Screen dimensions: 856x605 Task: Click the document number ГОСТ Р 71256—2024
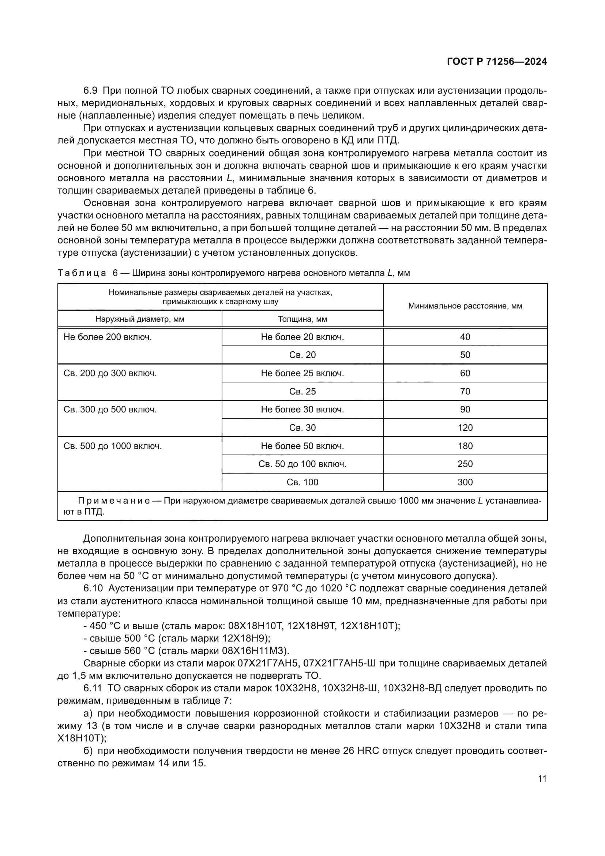(x=497, y=62)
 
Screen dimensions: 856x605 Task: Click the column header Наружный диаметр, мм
(x=140, y=319)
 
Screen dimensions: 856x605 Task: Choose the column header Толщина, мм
(x=302, y=319)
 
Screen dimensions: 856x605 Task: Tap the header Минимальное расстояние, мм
(x=465, y=306)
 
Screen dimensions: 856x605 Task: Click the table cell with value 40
(x=465, y=337)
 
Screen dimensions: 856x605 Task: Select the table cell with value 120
(x=465, y=427)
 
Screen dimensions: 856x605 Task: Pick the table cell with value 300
(x=465, y=482)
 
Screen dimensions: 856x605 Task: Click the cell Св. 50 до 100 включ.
(x=302, y=464)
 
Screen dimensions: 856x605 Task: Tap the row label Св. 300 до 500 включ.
(x=110, y=410)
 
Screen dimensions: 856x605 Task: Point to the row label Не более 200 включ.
(x=108, y=337)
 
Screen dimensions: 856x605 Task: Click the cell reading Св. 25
(x=302, y=392)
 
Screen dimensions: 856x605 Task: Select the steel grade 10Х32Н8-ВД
(x=412, y=688)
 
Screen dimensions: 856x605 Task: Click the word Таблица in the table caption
(x=82, y=273)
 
